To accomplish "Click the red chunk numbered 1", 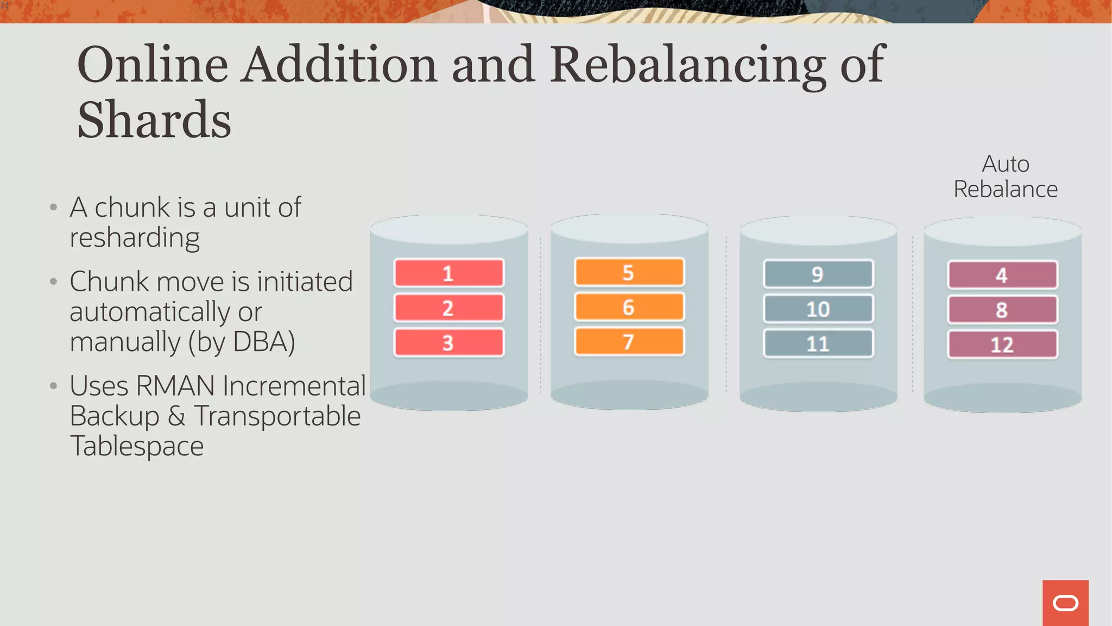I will (448, 273).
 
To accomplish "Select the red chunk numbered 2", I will (448, 308).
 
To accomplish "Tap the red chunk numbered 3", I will (448, 342).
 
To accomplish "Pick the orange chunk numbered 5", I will (629, 272).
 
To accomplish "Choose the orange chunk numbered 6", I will (629, 307).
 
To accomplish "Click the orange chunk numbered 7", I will (629, 342).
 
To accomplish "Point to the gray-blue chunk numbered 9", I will (818, 274).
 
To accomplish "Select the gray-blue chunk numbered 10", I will (818, 309).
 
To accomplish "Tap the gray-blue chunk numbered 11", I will (818, 343).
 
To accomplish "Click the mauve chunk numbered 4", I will (1002, 275).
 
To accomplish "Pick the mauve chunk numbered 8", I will (1002, 310).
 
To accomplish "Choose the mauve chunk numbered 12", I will (1002, 345).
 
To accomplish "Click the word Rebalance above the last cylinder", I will (1006, 189).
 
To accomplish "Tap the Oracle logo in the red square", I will (1065, 603).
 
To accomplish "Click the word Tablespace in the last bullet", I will (137, 446).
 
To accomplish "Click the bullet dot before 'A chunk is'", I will (53, 207).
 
